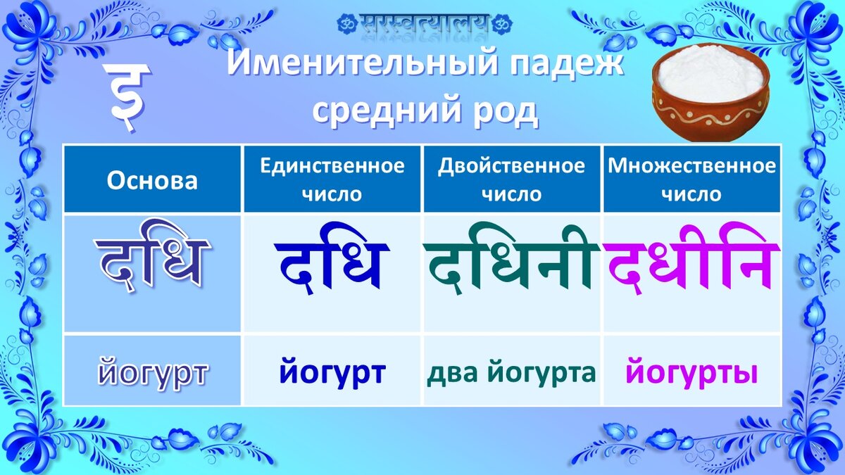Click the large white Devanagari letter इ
pyautogui.click(x=127, y=97)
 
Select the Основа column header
pyautogui.click(x=152, y=181)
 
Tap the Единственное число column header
pyautogui.click(x=332, y=180)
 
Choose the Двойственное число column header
pyautogui.click(x=511, y=180)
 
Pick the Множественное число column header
pyautogui.click(x=691, y=180)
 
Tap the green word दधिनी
pyautogui.click(x=511, y=260)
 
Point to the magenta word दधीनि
pyautogui.click(x=691, y=260)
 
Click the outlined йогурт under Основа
pyautogui.click(x=152, y=372)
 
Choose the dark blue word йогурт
pyautogui.click(x=332, y=372)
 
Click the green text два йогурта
pyautogui.click(x=511, y=372)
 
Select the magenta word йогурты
pyautogui.click(x=691, y=372)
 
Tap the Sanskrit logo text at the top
pyautogui.click(x=425, y=23)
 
